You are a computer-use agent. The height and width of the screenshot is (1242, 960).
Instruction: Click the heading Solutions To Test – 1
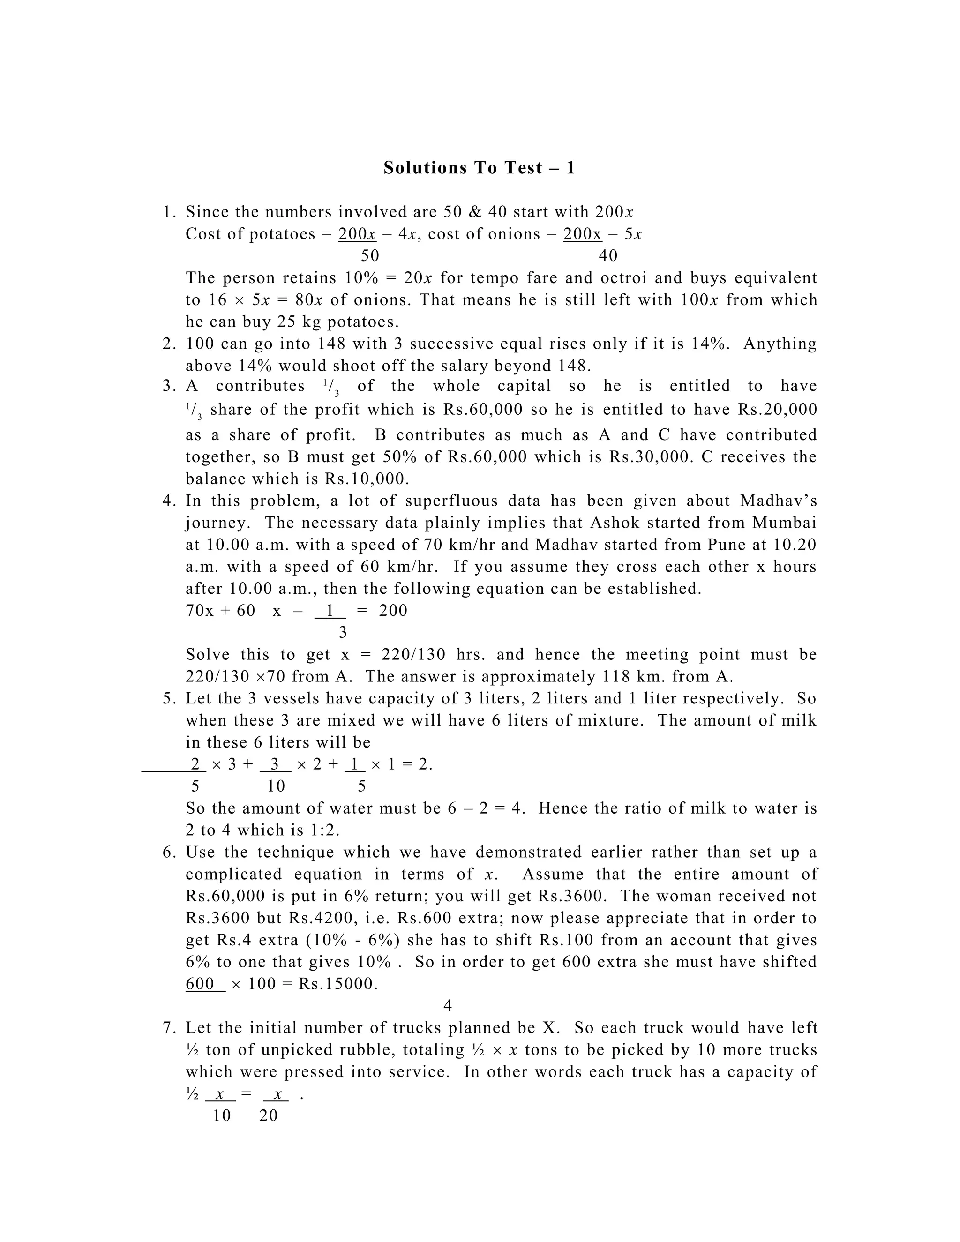[x=479, y=168]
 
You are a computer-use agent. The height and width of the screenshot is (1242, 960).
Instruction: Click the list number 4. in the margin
[x=170, y=501]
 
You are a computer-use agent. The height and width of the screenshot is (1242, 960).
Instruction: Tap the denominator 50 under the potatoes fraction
[x=370, y=256]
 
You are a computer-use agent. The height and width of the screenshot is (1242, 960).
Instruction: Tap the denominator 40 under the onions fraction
[x=608, y=256]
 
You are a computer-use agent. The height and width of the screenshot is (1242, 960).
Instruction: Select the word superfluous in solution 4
[x=460, y=501]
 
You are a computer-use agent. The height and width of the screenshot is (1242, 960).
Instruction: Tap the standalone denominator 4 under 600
[x=448, y=1006]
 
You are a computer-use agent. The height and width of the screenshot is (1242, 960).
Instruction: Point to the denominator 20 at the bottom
[x=269, y=1116]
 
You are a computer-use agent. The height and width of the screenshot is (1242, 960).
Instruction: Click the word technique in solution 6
[x=295, y=853]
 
